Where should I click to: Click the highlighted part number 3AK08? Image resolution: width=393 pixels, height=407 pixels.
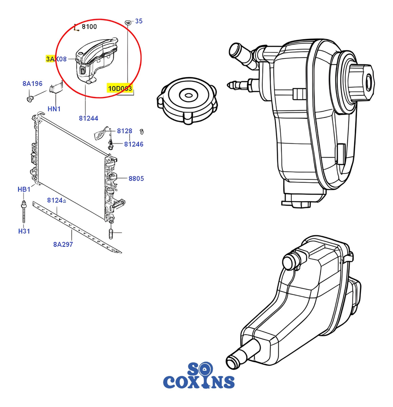click(56, 59)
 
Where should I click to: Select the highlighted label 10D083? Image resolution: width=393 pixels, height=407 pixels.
click(120, 89)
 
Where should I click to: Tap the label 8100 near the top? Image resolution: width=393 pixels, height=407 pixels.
click(89, 27)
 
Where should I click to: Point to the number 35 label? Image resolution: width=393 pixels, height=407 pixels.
click(139, 21)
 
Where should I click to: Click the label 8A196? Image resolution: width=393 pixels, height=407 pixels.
click(33, 83)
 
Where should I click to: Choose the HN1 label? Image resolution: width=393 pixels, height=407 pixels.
click(54, 109)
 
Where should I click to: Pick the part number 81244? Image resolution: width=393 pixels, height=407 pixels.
click(89, 118)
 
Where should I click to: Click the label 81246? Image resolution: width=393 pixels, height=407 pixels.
click(134, 144)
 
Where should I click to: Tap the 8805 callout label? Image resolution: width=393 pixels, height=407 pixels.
click(136, 178)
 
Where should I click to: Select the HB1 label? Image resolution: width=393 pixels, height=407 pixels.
click(24, 189)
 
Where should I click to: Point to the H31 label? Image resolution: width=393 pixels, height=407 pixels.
click(24, 231)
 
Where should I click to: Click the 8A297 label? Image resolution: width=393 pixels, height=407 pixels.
click(63, 244)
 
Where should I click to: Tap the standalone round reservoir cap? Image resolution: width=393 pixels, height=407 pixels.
click(187, 100)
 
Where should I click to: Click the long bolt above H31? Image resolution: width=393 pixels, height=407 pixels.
click(24, 212)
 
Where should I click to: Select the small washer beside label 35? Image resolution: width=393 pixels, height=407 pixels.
click(128, 22)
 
